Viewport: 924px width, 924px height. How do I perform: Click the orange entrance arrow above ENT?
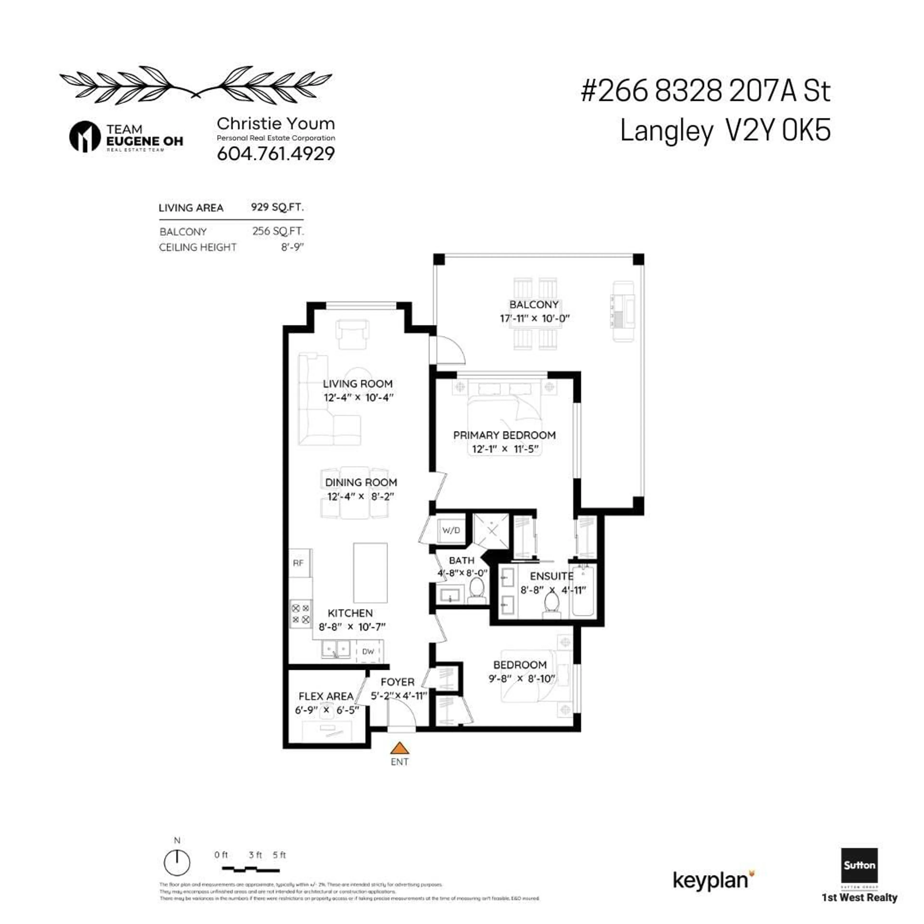pos(399,748)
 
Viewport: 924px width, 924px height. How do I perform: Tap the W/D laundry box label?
pos(451,530)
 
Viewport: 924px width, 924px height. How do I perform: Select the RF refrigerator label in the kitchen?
pos(298,563)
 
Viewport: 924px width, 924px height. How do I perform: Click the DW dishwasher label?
pos(368,651)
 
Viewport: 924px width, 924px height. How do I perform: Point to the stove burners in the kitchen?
pos(301,614)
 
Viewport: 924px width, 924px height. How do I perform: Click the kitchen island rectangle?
pos(370,572)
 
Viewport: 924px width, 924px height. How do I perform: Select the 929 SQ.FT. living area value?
pos(277,207)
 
